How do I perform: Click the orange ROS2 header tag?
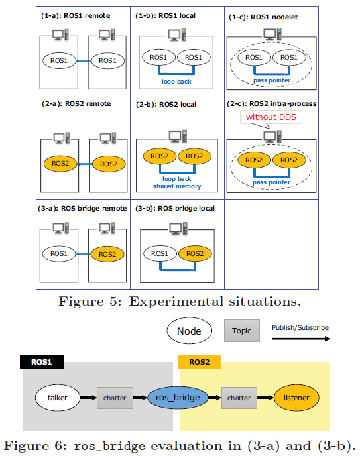pyautogui.click(x=199, y=362)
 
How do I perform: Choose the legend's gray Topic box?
pyautogui.click(x=241, y=331)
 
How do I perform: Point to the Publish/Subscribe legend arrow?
pyautogui.click(x=300, y=338)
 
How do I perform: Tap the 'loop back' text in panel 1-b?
pyautogui.click(x=176, y=82)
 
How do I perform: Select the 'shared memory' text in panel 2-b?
pyautogui.click(x=176, y=187)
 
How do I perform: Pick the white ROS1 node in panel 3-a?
pyautogui.click(x=60, y=253)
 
